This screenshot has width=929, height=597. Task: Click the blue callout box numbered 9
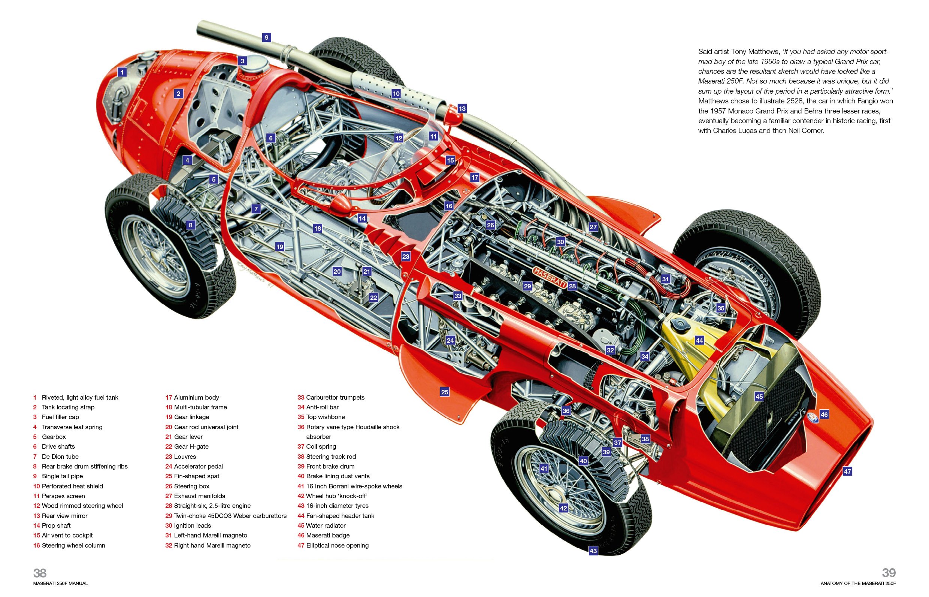coord(266,37)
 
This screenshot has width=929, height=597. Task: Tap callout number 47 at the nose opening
coord(847,472)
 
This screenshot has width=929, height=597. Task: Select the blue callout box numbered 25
coord(444,392)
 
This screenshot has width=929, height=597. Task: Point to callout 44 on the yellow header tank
coord(699,340)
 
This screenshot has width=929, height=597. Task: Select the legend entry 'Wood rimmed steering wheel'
coord(82,506)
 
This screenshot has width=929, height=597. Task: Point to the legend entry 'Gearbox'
coord(54,436)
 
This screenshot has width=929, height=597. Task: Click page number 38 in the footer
coord(40,573)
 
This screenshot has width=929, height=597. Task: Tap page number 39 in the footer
coord(889,573)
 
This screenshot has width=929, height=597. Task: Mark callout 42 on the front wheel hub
coord(563,508)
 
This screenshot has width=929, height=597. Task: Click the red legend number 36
coord(301,427)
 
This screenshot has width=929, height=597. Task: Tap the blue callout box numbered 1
coord(122,72)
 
